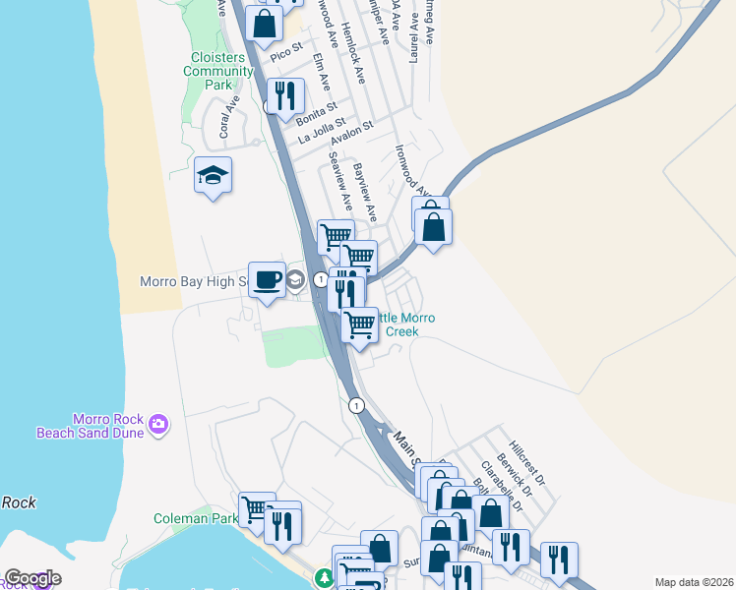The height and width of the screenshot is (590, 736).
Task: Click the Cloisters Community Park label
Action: pos(219,71)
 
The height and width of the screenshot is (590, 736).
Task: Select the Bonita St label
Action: pos(316,112)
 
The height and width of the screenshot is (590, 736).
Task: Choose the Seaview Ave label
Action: pos(340,180)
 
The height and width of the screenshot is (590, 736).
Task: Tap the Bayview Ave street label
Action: pos(365,191)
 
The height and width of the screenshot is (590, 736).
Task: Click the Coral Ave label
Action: pos(229,116)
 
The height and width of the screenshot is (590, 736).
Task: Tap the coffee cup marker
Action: pos(267,280)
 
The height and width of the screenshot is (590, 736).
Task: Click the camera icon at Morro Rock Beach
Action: pos(159,425)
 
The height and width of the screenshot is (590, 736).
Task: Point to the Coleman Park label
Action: pos(196,518)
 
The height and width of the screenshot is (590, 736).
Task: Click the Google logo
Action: pos(32,578)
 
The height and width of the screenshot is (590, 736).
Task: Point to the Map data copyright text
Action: pos(694,582)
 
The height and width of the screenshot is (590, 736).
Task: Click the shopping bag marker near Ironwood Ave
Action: pos(432,225)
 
